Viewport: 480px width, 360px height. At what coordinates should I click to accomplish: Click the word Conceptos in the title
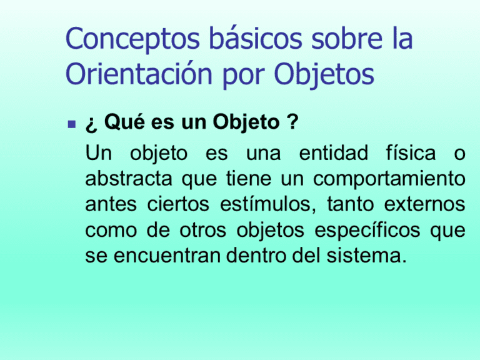click(x=132, y=39)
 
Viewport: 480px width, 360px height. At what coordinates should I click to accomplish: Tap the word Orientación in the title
click(x=139, y=74)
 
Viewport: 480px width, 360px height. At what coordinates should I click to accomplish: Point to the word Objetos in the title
click(x=324, y=75)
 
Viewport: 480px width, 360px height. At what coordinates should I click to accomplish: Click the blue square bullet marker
click(x=72, y=124)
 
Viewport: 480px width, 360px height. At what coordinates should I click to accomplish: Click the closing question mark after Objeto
click(x=292, y=121)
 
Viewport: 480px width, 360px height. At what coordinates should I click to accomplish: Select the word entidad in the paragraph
click(x=333, y=152)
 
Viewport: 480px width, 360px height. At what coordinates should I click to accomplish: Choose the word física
click(x=411, y=152)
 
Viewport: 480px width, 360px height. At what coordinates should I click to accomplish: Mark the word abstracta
click(x=129, y=178)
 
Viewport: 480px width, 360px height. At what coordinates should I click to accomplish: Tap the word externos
click(x=424, y=204)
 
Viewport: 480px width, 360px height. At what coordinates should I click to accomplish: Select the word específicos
click(x=367, y=231)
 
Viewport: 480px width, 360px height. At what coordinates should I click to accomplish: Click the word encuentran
click(x=167, y=256)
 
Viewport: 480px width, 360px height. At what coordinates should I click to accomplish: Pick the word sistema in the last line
click(x=366, y=255)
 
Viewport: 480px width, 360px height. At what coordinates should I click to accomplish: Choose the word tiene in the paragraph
click(x=249, y=179)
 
